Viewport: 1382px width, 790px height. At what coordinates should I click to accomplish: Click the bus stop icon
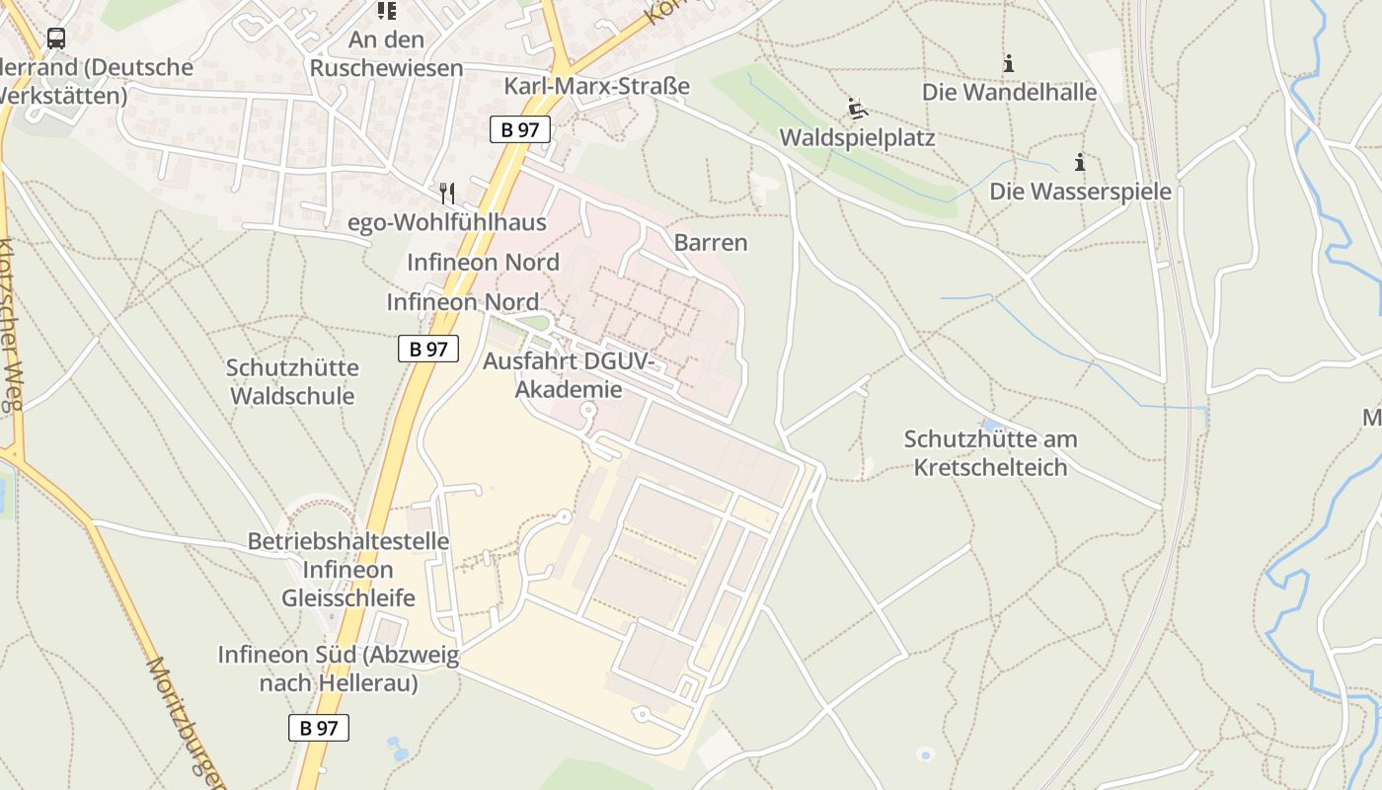coord(56,39)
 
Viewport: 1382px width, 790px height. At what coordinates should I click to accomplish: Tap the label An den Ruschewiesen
coord(386,53)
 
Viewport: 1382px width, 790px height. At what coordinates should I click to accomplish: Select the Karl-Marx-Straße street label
coord(596,86)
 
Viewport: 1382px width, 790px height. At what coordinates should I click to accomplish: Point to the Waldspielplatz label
coord(857,137)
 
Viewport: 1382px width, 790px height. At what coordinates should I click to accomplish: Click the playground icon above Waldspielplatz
coord(857,108)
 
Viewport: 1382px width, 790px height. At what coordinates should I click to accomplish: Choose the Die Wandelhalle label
coord(1009,92)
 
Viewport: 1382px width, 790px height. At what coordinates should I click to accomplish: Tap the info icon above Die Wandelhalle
coord(1009,63)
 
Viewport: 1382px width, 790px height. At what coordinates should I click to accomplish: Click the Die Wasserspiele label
coord(1080,191)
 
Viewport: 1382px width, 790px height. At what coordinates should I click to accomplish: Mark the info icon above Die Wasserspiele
coord(1080,162)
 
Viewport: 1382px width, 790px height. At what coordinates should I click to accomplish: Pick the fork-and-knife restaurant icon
coord(447,193)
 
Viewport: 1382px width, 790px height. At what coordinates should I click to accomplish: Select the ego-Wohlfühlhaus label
coord(447,222)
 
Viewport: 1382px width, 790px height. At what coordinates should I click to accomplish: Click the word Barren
coord(711,242)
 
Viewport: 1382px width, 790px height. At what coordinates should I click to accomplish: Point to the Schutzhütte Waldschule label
coord(292,381)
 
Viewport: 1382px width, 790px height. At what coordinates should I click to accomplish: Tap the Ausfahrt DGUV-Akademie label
coord(568,375)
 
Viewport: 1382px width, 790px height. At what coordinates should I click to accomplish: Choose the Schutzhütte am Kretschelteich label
coord(991,452)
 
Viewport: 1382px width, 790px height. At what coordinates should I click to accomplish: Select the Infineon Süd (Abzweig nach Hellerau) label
coord(339,669)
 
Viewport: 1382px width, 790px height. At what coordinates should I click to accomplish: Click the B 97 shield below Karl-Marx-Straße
coord(519,129)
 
